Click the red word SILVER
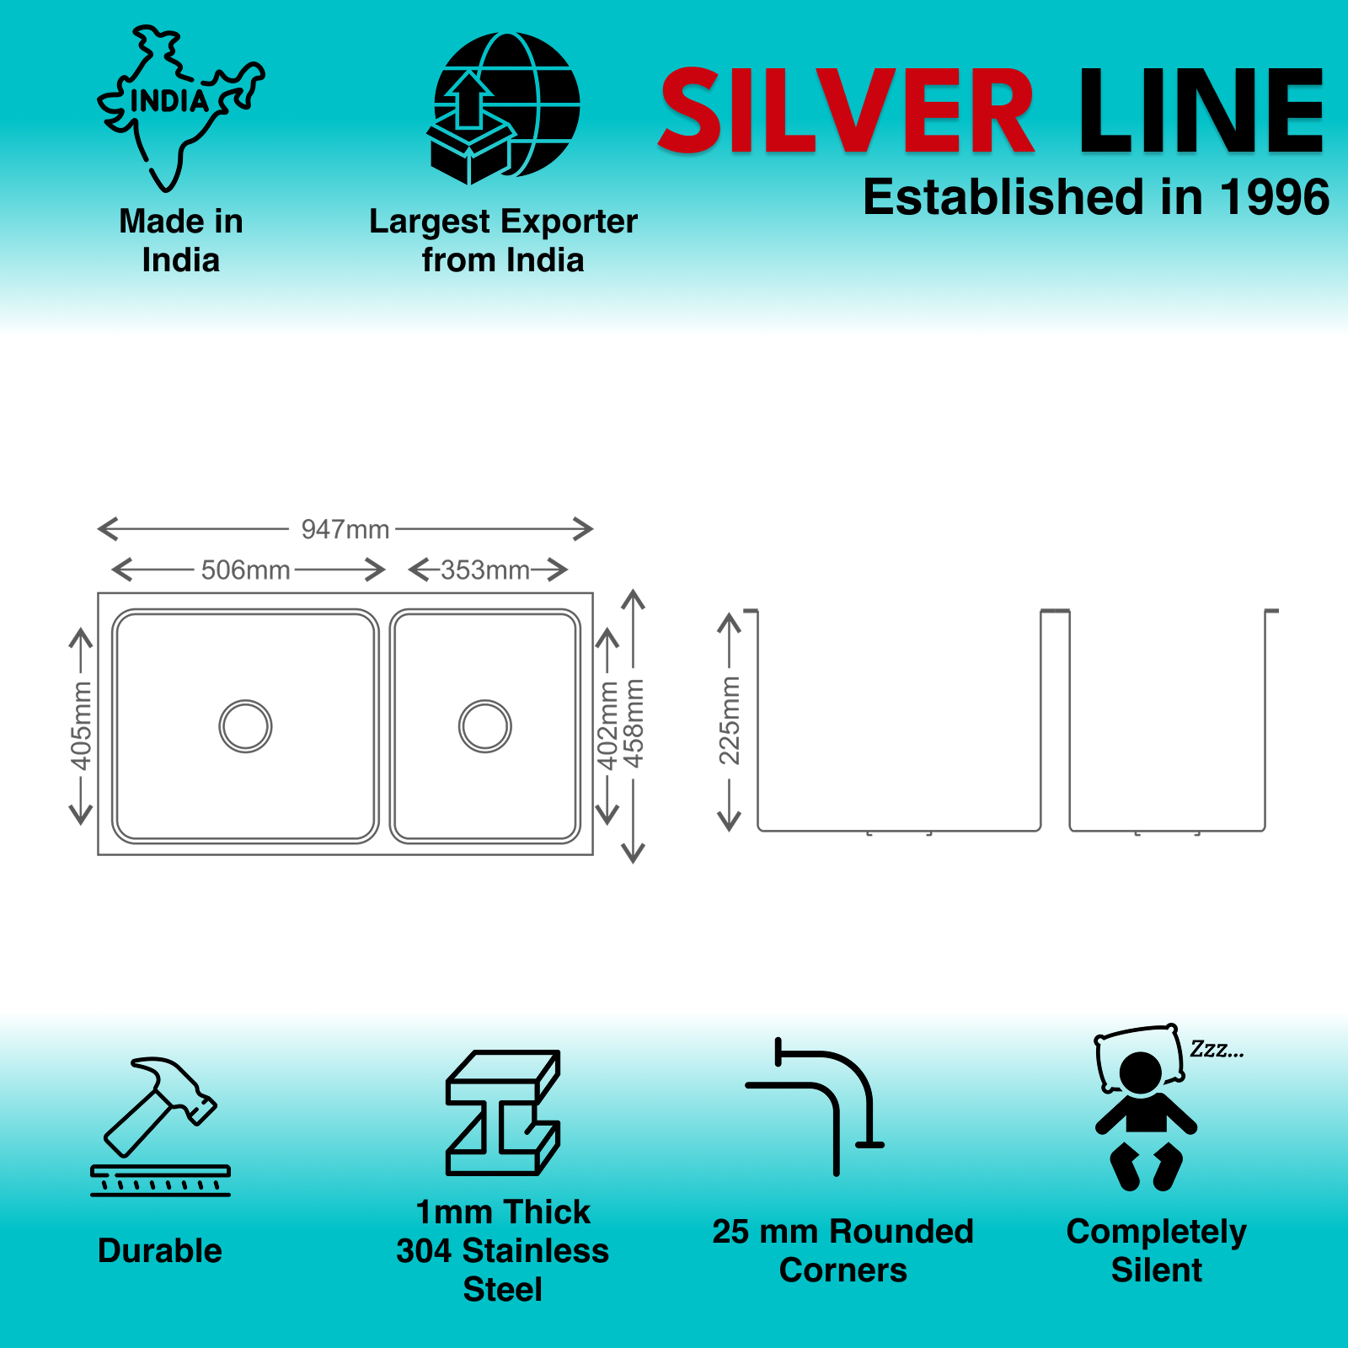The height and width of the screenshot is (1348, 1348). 846,112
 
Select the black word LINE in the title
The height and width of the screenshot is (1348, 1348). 1201,112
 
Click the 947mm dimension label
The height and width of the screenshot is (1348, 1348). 345,530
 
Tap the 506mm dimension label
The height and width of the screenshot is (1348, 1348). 245,570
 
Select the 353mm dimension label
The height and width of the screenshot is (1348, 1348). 485,570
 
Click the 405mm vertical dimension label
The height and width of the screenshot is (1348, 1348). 81,725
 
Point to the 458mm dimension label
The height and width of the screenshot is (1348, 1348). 634,724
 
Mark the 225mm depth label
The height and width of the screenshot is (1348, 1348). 729,720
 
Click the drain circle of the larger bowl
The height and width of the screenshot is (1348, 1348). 245,725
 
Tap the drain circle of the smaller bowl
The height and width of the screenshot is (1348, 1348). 485,725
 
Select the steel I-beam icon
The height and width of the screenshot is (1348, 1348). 503,1112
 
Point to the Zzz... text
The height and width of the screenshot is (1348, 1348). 1217,1050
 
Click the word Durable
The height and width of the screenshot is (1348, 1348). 160,1251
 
